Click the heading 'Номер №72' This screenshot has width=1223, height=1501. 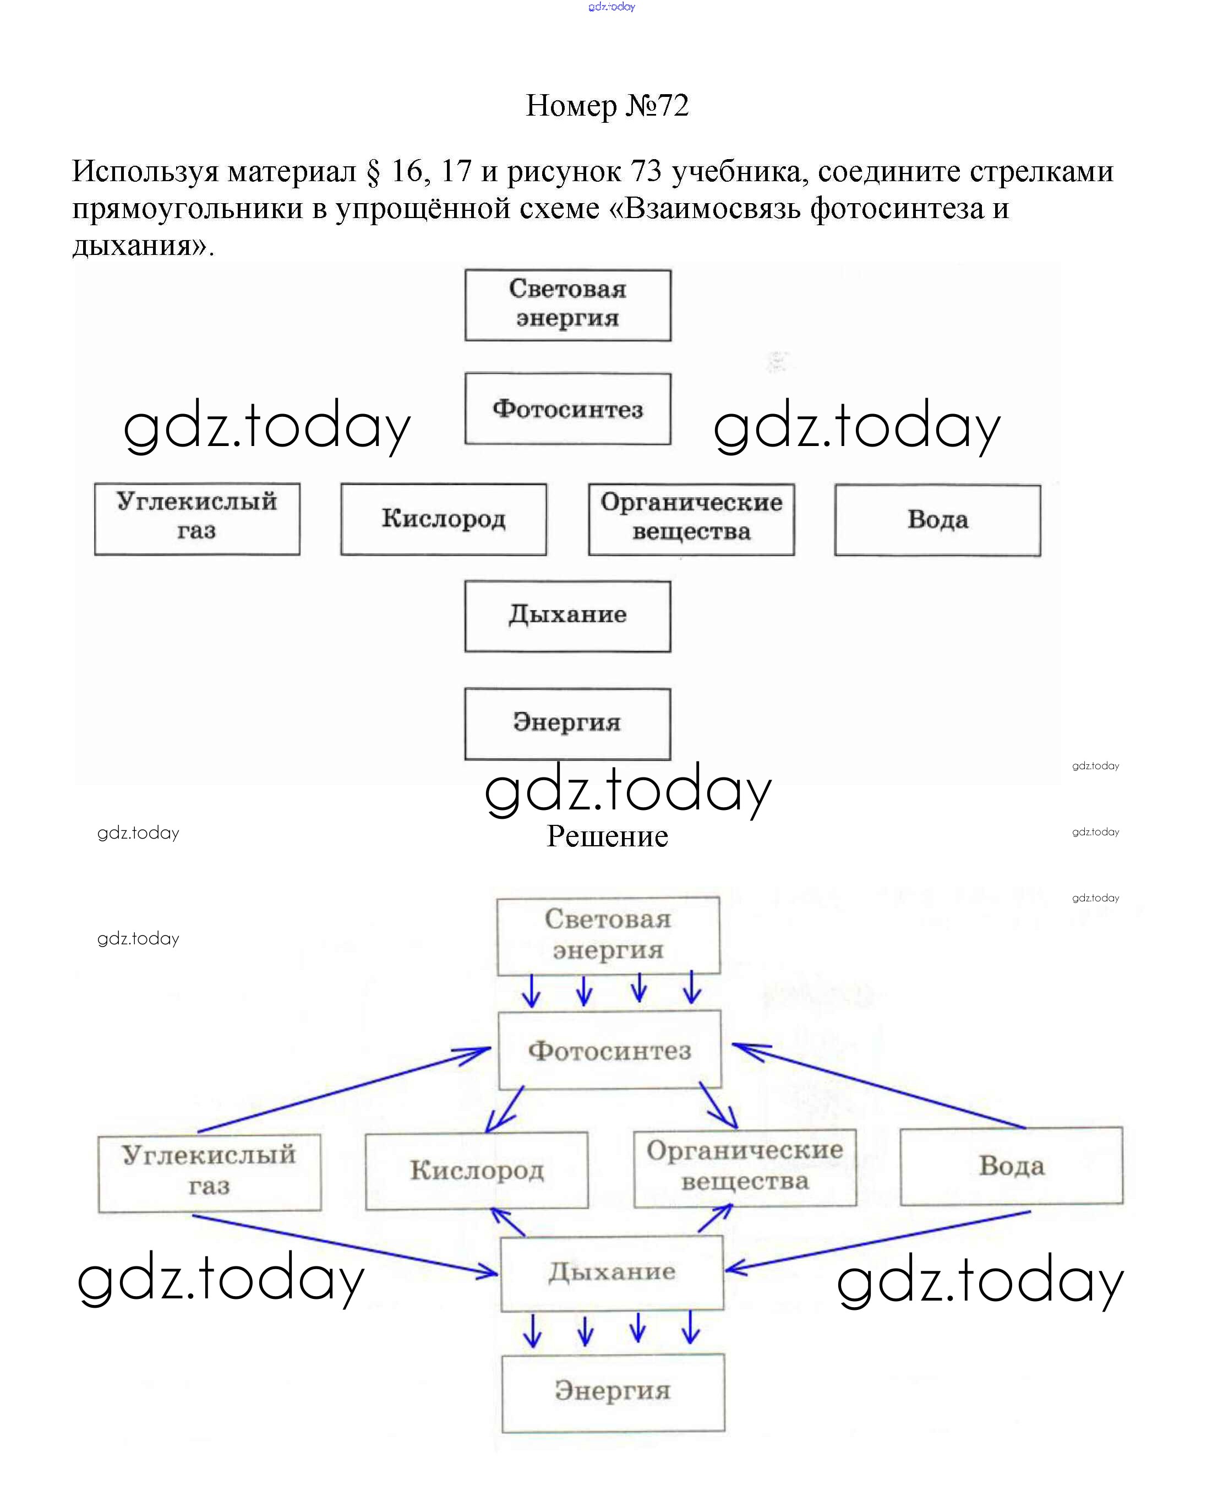(607, 106)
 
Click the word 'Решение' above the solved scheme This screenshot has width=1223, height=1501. (607, 836)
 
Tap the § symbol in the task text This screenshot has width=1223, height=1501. (373, 171)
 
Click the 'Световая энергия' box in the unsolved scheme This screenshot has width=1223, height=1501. (568, 305)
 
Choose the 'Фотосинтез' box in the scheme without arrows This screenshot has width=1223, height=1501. (568, 409)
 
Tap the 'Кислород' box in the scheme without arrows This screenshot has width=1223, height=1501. (444, 519)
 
